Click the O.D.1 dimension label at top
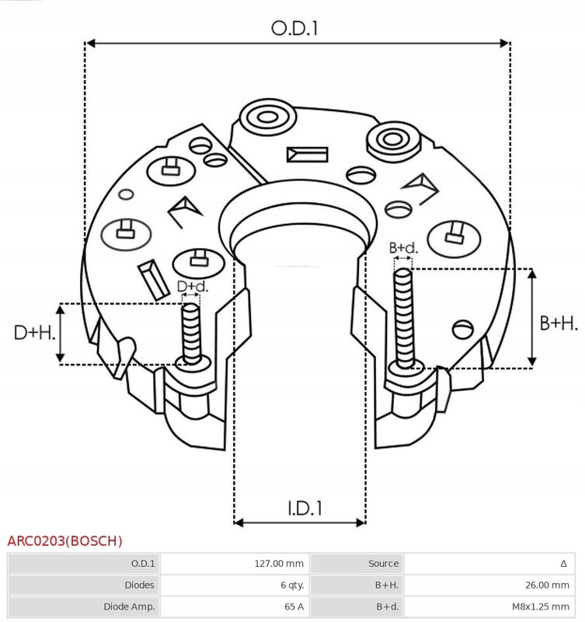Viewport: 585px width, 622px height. tap(295, 28)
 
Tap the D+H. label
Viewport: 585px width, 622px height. tap(35, 334)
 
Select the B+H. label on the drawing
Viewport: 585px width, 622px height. tap(558, 323)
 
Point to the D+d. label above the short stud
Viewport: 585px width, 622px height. tap(193, 287)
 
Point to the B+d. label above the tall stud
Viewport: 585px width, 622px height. tap(403, 248)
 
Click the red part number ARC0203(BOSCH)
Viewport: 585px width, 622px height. tap(64, 540)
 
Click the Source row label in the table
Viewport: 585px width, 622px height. tap(384, 564)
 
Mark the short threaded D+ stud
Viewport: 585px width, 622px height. tap(191, 330)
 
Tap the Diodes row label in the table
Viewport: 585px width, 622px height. tap(139, 585)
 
